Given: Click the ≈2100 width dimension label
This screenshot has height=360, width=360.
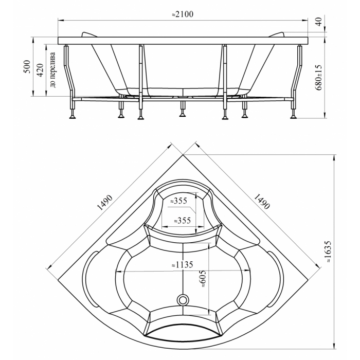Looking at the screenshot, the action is tap(183, 14).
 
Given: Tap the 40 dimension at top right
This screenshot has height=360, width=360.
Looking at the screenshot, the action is tap(319, 22).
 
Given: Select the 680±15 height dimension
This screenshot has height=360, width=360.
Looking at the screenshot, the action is tap(319, 77).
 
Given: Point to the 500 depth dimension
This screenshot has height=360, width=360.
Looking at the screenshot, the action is tap(27, 66).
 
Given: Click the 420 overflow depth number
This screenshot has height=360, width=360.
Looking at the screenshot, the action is tap(41, 70).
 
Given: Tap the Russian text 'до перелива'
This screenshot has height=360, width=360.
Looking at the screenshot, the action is tap(52, 70).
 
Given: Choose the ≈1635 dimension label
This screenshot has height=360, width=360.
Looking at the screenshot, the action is tap(328, 251).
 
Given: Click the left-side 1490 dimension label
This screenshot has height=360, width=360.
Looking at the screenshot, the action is tap(105, 203).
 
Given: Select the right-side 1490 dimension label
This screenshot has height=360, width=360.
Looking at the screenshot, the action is tap(262, 202).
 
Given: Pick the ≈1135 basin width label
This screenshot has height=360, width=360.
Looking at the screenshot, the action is tap(183, 265).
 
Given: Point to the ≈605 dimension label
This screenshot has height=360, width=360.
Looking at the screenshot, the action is tap(204, 279).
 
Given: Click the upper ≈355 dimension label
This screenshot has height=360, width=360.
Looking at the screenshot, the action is tap(178, 201).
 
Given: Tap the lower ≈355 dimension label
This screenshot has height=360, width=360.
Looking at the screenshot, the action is tap(182, 221).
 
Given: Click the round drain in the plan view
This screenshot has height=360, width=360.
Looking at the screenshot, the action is tap(183, 300).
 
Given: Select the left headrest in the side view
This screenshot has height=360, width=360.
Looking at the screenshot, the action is tap(89, 34).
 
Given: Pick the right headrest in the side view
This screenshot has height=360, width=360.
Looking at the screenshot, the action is tap(277, 34).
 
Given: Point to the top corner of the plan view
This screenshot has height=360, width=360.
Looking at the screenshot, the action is tap(183, 155).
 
